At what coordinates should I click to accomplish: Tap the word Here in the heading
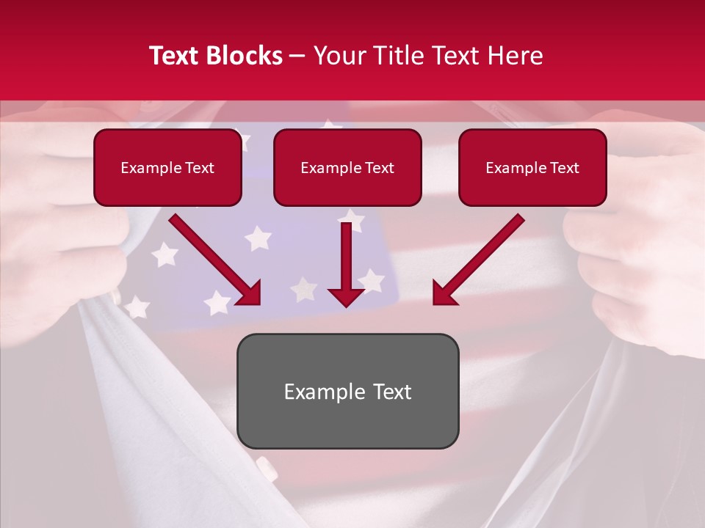[516, 56]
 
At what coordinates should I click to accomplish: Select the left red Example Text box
[167, 167]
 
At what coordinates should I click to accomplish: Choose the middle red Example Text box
[347, 167]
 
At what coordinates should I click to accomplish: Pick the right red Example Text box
[532, 167]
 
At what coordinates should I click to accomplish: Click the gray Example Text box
[347, 391]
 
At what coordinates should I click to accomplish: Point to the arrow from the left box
[213, 258]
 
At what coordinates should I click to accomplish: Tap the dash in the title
[297, 56]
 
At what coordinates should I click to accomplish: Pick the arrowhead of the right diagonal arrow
[445, 293]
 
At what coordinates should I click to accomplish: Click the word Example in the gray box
[324, 392]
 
